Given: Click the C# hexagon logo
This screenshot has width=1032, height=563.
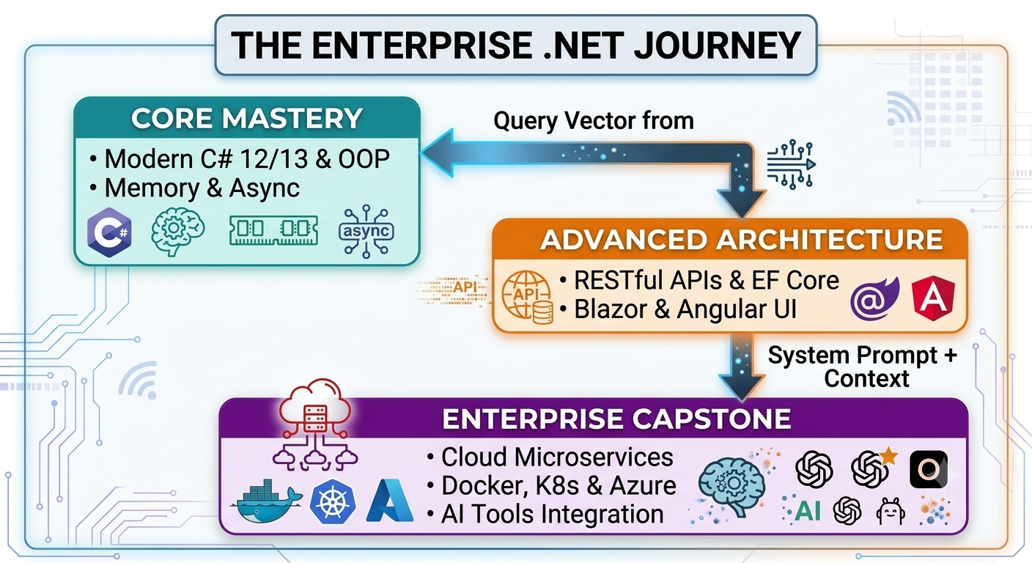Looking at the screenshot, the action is point(110,232).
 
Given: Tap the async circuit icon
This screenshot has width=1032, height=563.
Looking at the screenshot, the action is point(366,231).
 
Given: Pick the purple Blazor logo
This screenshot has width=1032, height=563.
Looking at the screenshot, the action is point(875,298).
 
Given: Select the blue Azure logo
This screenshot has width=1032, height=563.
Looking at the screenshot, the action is point(390,501).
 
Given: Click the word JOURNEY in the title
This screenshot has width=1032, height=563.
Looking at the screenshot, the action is point(718,45).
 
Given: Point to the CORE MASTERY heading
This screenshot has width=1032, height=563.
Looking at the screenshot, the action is point(247,118).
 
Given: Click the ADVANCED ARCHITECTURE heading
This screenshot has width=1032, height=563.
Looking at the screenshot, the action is point(741,240).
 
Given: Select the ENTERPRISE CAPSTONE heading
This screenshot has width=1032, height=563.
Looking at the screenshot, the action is point(616,419).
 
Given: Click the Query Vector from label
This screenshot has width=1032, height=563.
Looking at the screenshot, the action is point(594,121).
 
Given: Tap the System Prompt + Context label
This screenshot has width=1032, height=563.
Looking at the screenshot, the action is point(863,367).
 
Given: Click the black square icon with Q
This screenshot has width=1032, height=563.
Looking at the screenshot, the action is point(929,469).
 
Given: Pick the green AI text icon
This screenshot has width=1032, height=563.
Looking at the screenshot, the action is point(808,510).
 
